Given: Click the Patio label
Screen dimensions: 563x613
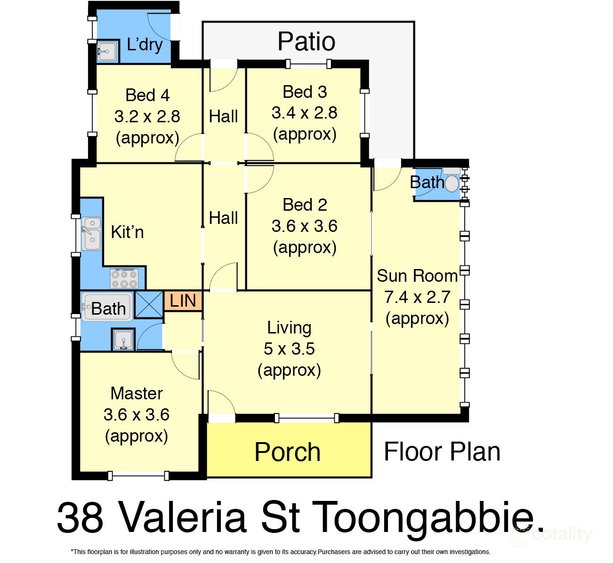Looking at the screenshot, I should coord(306,41).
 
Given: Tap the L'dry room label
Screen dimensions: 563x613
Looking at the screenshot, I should coord(145,45).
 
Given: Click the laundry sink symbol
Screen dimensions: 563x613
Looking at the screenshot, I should coord(107,51).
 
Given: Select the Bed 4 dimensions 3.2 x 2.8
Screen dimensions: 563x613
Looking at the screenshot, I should coord(147,116).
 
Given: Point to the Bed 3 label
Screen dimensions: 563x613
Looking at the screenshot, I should coord(305,92).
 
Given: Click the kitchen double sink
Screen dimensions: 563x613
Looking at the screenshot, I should coord(91,234).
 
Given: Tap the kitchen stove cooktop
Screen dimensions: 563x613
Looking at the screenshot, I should coord(124,278).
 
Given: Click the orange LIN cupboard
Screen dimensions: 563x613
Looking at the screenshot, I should coord(183,301).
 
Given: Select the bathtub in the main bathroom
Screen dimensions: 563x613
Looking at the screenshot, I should coord(107,307).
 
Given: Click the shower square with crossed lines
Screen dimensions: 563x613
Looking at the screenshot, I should coord(149,305).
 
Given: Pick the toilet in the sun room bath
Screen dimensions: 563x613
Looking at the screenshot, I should coord(452,183).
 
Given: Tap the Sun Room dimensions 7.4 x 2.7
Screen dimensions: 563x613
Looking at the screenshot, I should coord(417,297).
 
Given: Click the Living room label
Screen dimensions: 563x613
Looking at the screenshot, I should coord(289,327).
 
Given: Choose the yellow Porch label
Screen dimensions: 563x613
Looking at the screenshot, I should coord(287,452).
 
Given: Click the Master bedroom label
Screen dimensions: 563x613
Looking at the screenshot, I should coord(137,393).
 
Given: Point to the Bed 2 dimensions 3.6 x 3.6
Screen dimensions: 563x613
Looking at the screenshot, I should coord(304,226).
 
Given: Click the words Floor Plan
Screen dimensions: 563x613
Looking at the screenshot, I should coord(442,452).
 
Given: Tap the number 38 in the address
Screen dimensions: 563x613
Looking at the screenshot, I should coord(80,517).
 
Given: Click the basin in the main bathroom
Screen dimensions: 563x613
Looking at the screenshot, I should coord(123,339).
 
